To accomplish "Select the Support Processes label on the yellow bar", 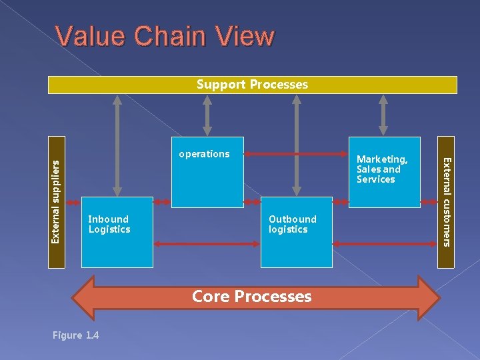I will pyautogui.click(x=252, y=85).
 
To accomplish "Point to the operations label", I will pyautogui.click(x=204, y=154).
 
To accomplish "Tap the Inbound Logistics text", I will pyautogui.click(x=109, y=224).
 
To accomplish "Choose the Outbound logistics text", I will pyautogui.click(x=292, y=224).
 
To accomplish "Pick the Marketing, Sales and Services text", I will pyautogui.click(x=381, y=169).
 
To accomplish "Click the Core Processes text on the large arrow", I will pyautogui.click(x=252, y=297).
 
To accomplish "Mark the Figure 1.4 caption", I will pyautogui.click(x=75, y=335).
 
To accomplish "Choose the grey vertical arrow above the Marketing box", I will pyautogui.click(x=383, y=115).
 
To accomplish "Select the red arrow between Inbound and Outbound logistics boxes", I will pyautogui.click(x=207, y=245).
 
